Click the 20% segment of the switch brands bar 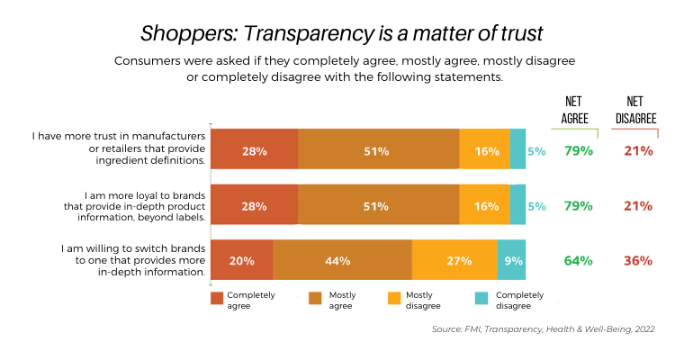pos(241,261)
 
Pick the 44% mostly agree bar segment pos(342,261)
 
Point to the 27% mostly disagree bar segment pos(454,261)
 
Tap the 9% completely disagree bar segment pos(511,261)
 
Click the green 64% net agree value pos(578,261)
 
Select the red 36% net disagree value pos(638,261)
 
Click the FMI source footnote pos(543,329)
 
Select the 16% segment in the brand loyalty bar pos(486,206)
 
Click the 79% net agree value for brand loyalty pos(578,206)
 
